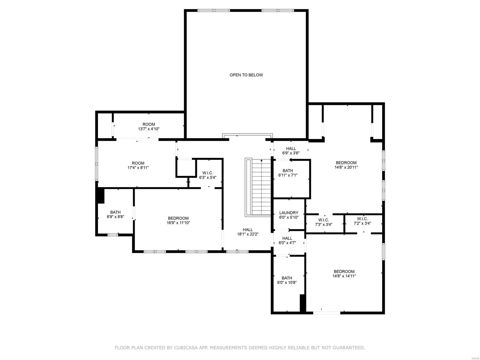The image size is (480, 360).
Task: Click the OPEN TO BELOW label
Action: [246, 75]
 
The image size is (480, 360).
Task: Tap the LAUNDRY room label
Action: [289, 213]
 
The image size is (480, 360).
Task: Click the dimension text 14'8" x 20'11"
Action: [346, 168]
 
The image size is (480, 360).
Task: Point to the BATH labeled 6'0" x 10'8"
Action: [286, 280]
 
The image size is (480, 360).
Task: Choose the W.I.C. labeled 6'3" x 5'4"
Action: [208, 175]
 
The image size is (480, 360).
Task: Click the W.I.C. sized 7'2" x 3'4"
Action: [362, 221]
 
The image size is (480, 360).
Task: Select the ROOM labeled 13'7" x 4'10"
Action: [148, 126]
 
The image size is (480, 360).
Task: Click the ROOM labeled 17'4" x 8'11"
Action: [138, 165]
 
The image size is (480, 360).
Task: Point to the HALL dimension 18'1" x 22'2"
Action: [248, 234]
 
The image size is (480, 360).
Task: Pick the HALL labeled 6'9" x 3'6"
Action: [291, 151]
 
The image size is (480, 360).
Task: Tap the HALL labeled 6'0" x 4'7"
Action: [287, 241]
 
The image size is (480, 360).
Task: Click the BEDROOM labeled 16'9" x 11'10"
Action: [178, 220]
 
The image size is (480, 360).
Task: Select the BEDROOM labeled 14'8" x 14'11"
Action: [344, 274]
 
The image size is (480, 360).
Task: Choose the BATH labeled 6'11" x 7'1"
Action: [288, 173]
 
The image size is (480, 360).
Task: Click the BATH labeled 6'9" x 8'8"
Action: [115, 214]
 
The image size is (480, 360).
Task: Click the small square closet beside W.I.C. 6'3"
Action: [185, 168]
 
